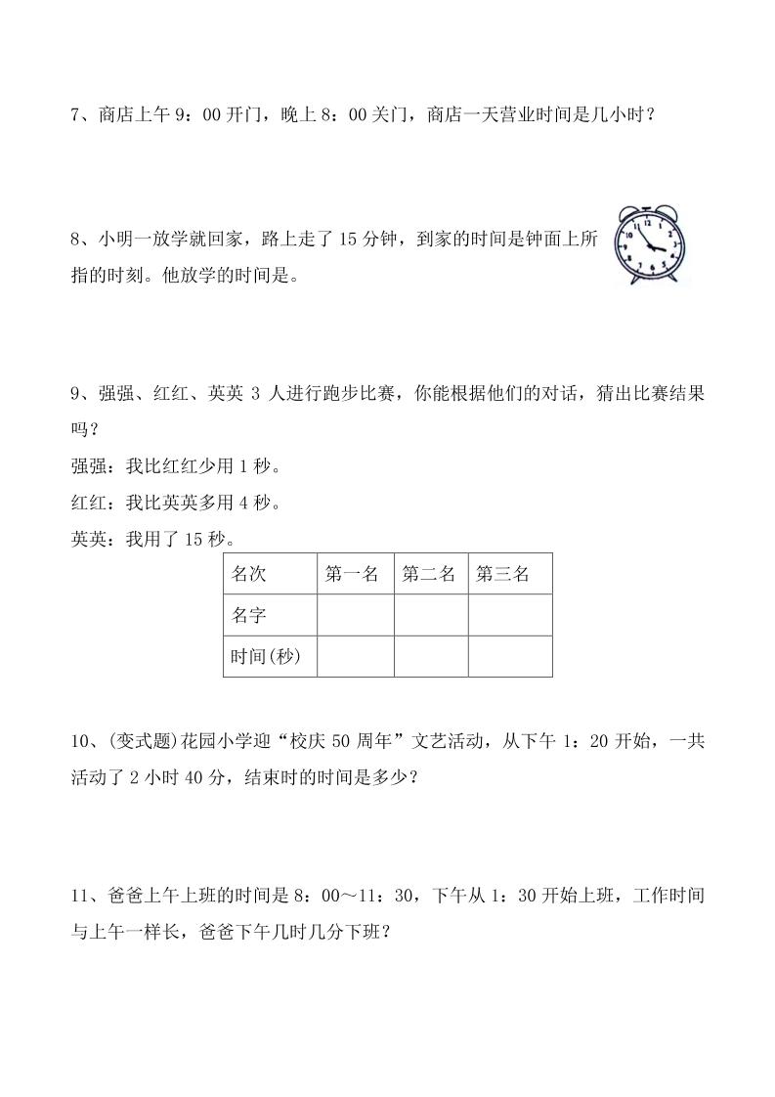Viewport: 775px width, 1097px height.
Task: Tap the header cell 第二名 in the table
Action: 429,574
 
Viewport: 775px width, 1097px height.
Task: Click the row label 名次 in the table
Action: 248,574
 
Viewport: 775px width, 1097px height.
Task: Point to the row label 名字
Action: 248,615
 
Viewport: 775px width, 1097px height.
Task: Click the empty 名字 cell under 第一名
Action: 356,615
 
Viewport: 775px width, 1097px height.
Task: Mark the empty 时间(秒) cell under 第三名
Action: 509,656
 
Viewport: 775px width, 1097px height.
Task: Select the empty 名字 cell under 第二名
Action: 431,615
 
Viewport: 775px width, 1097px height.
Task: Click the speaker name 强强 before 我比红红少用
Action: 88,467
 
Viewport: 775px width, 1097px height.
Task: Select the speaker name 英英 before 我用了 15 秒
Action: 88,539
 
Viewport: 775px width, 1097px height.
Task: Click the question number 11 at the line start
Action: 80,897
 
